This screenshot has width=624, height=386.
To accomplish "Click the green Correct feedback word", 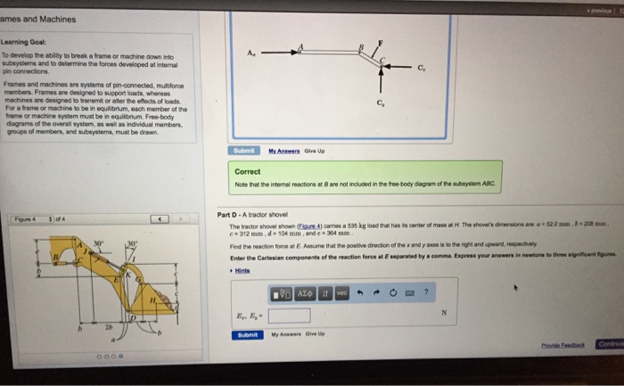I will [x=248, y=172].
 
